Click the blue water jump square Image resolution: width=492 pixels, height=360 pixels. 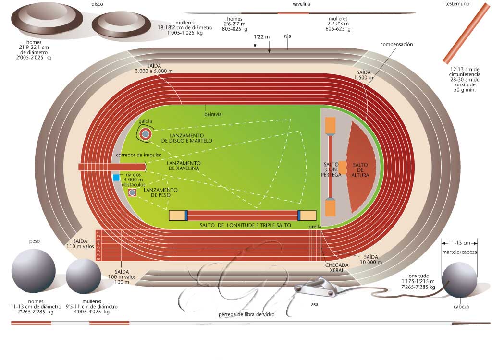(x=116, y=178)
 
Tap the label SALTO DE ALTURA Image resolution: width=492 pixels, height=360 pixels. (x=360, y=170)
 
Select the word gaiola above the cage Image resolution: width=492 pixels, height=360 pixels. (x=145, y=121)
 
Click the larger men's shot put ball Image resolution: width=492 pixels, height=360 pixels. (x=33, y=271)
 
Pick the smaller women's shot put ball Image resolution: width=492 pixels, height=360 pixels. (x=84, y=276)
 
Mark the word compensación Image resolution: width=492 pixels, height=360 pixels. (x=396, y=45)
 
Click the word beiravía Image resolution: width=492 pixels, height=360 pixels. (x=212, y=114)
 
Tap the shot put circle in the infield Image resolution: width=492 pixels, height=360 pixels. (x=132, y=192)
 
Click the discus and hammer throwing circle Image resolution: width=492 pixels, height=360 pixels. (x=146, y=134)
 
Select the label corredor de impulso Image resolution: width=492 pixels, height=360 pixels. (x=138, y=155)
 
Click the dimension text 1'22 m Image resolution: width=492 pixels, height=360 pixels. (x=261, y=37)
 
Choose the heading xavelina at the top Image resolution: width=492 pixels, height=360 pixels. (x=301, y=4)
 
